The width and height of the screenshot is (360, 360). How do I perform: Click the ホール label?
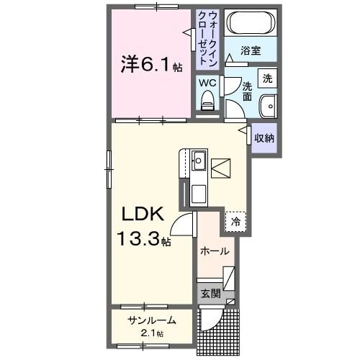(215, 251)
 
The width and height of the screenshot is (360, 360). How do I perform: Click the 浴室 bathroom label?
(251, 52)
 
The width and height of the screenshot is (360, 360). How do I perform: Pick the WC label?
(207, 83)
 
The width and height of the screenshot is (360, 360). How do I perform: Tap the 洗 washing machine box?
(267, 78)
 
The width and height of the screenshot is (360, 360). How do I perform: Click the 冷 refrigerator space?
(235, 222)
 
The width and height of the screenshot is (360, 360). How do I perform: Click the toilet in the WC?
(207, 103)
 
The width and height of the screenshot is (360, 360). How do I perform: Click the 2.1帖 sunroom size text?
(151, 333)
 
